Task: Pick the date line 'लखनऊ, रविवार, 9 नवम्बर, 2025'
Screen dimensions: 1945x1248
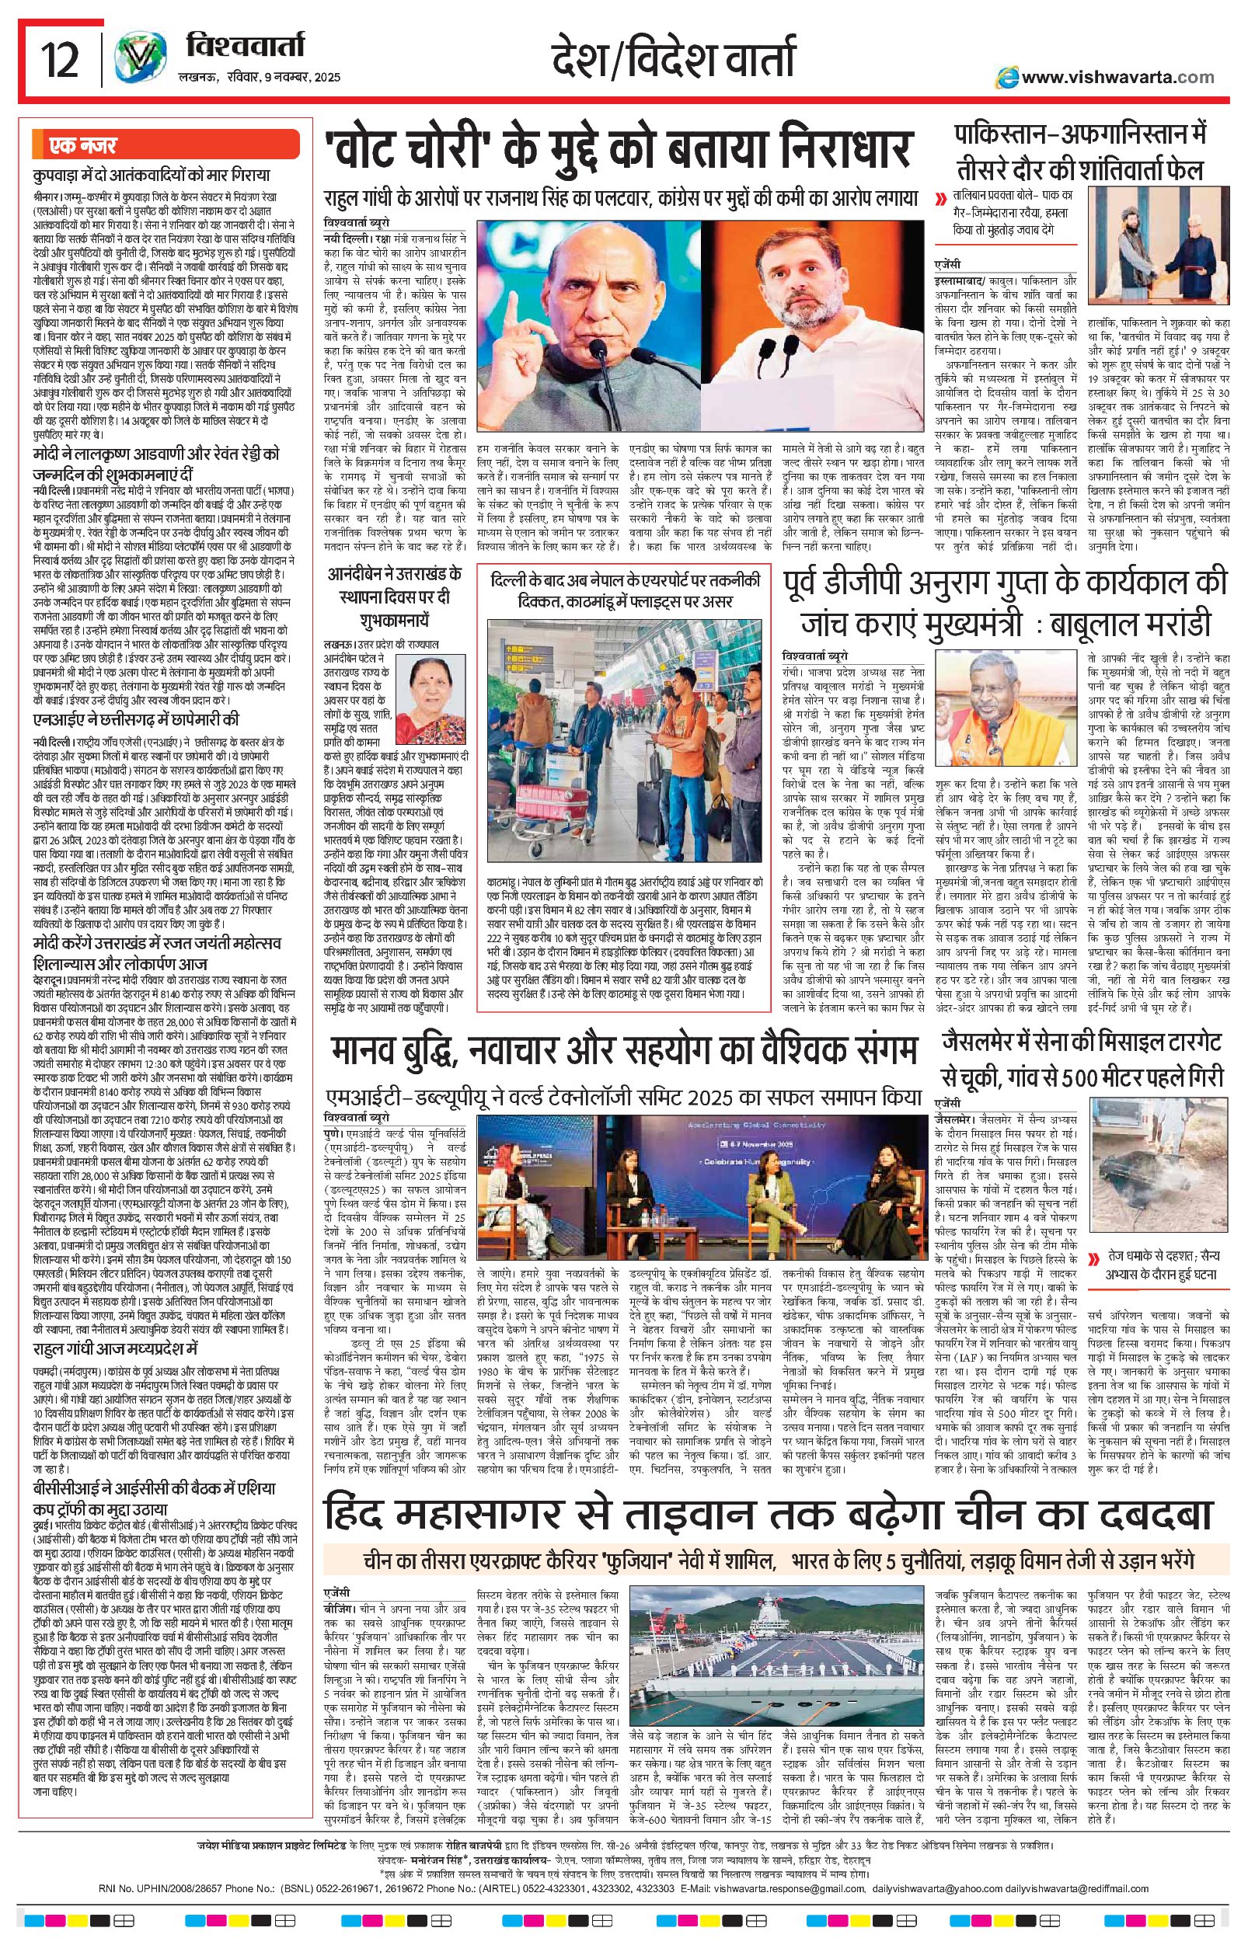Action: click(x=260, y=78)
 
